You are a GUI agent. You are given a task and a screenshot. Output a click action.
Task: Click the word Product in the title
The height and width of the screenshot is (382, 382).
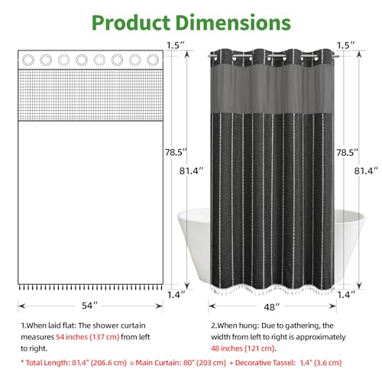point(131,23)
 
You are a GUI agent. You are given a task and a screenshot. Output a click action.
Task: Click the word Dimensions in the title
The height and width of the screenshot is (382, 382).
point(233,23)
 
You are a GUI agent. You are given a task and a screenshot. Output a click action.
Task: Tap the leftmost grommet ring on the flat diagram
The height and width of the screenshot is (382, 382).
point(28,60)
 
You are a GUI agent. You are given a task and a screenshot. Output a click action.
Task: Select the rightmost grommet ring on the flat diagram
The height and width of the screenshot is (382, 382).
point(153,60)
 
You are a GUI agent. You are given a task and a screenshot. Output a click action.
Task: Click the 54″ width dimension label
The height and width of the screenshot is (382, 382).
point(89,306)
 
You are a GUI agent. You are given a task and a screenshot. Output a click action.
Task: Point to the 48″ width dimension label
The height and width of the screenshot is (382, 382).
point(272,307)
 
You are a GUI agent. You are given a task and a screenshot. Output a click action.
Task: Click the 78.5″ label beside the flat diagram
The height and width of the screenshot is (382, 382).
point(176,152)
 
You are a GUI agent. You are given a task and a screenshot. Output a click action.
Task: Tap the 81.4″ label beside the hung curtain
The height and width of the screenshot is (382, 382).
point(366,171)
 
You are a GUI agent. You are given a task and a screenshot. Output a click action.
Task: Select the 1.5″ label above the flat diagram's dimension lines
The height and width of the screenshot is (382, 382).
point(176,45)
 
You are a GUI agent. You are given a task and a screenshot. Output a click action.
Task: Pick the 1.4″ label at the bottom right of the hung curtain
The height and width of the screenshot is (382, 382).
point(346,295)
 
